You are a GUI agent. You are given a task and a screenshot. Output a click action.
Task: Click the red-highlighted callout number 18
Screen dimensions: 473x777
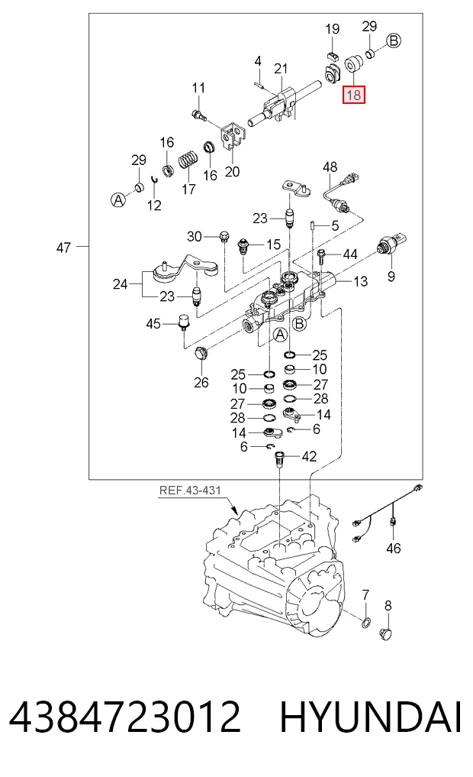(x=354, y=94)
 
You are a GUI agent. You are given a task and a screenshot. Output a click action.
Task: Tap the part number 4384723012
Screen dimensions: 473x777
(x=124, y=717)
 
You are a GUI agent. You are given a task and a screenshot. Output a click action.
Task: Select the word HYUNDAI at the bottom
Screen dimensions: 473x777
(x=371, y=717)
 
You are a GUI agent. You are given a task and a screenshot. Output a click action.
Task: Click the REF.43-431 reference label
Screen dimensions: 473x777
(x=190, y=490)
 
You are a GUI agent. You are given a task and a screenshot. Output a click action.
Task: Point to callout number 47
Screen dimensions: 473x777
(x=63, y=248)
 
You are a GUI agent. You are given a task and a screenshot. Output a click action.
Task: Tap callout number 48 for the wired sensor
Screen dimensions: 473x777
(x=330, y=167)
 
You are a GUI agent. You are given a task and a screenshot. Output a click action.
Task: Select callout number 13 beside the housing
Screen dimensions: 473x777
(x=361, y=281)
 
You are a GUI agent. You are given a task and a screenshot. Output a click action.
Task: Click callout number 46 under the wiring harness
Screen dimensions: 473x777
(x=394, y=548)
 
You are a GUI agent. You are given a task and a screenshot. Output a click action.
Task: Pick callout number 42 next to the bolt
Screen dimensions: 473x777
(x=309, y=456)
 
